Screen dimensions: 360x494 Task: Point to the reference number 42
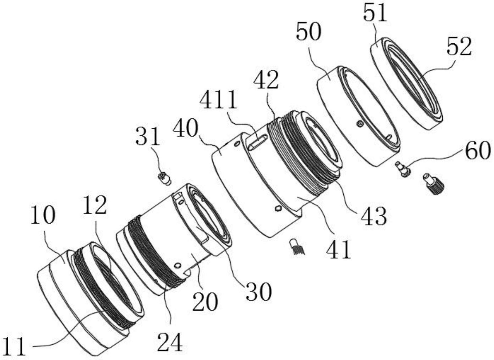pyautogui.click(x=266, y=80)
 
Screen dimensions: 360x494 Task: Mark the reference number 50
pyautogui.click(x=309, y=32)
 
